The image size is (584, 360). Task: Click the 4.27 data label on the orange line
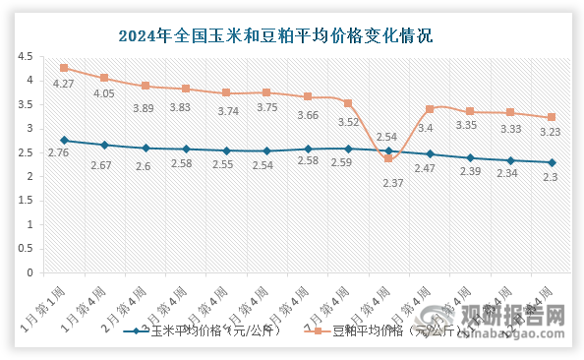point(64,85)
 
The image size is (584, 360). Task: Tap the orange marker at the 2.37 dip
point(388,158)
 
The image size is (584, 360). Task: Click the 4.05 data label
point(104,94)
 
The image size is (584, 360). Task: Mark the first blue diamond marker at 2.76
point(64,140)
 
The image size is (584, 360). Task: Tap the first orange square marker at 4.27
point(64,68)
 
